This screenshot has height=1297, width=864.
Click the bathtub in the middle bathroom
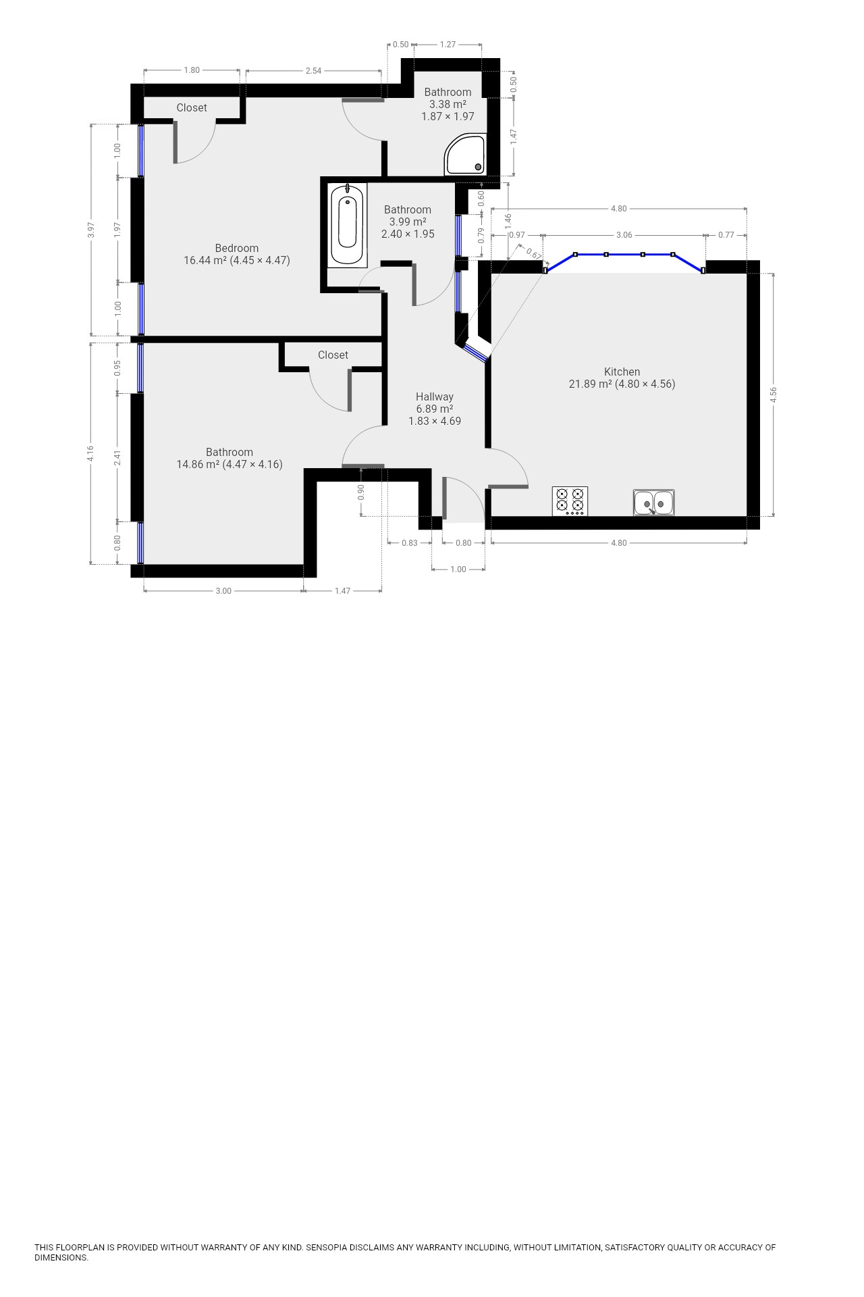point(348,225)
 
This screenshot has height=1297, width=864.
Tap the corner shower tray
point(464,154)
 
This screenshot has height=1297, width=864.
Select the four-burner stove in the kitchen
point(570,501)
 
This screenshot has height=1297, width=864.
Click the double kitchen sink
point(653,503)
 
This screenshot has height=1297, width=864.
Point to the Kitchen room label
point(622,372)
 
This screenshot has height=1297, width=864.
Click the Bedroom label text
point(237,248)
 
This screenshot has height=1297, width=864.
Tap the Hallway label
point(435,397)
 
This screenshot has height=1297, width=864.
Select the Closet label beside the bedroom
point(192,107)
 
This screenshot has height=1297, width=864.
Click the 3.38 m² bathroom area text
point(448,104)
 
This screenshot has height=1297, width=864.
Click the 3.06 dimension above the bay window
point(624,235)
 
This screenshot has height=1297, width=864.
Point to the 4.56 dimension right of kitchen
point(774,395)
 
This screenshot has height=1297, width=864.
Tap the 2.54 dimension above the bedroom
point(313,70)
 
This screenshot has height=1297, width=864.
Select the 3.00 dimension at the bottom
point(223,591)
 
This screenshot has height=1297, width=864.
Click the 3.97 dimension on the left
point(91,230)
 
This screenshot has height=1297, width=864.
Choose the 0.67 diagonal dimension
point(533,253)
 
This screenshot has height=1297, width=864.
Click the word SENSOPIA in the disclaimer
point(327,1247)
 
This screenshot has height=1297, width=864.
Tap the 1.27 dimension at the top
point(448,45)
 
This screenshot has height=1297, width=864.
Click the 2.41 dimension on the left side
point(117,457)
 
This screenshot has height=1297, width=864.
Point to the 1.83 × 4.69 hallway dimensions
point(435,421)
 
